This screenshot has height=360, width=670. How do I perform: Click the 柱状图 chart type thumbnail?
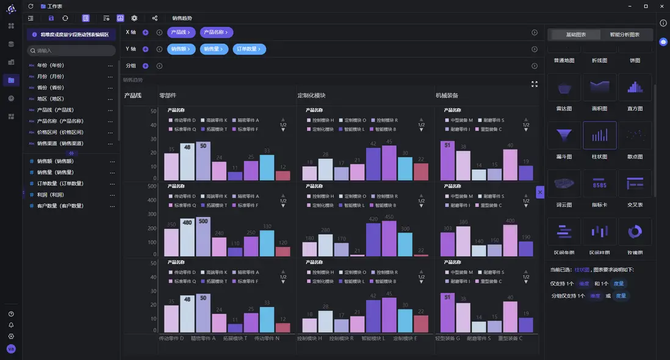coord(600,135)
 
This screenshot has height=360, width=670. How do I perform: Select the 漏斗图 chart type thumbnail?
coord(564,135)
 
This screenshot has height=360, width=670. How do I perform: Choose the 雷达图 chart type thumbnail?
coord(564,87)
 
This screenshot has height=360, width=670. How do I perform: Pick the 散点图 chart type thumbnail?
coord(635,135)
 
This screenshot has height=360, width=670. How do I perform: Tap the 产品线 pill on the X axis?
coord(182,32)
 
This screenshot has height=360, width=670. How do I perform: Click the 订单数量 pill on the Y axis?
coord(249,49)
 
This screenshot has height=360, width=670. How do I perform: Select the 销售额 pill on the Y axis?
coord(182,49)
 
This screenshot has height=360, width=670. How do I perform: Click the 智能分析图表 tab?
coord(624,35)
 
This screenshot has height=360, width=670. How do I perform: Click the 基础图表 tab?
coord(575,35)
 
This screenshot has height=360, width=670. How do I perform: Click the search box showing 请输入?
coord(71,51)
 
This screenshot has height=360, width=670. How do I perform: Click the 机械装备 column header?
coord(447,96)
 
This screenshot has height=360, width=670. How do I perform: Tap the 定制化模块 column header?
coord(311,96)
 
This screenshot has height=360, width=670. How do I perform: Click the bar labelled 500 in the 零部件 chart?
coord(203,238)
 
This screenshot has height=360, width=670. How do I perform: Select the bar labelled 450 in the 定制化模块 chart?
coord(389,239)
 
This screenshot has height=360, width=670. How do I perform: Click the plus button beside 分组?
coord(145,66)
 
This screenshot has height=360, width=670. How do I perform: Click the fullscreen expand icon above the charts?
coord(535,84)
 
